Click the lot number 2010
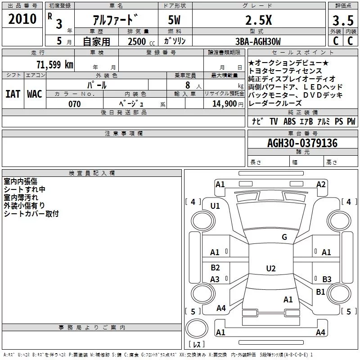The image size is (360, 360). pyautogui.click(x=22, y=19)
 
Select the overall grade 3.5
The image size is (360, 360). pyautogui.click(x=343, y=20)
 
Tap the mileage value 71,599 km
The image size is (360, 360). pyautogui.click(x=55, y=64)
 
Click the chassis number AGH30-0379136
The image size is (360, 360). pyautogui.click(x=302, y=143)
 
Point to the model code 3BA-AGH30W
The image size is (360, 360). pyautogui.click(x=258, y=41)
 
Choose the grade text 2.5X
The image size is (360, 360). pyautogui.click(x=258, y=20)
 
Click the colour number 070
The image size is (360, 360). pyautogui.click(x=75, y=104)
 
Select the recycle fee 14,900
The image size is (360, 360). pyautogui.click(x=224, y=104)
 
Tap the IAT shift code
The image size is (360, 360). pyautogui.click(x=13, y=94)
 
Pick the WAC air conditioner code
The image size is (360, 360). pyautogui.click(x=35, y=94)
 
